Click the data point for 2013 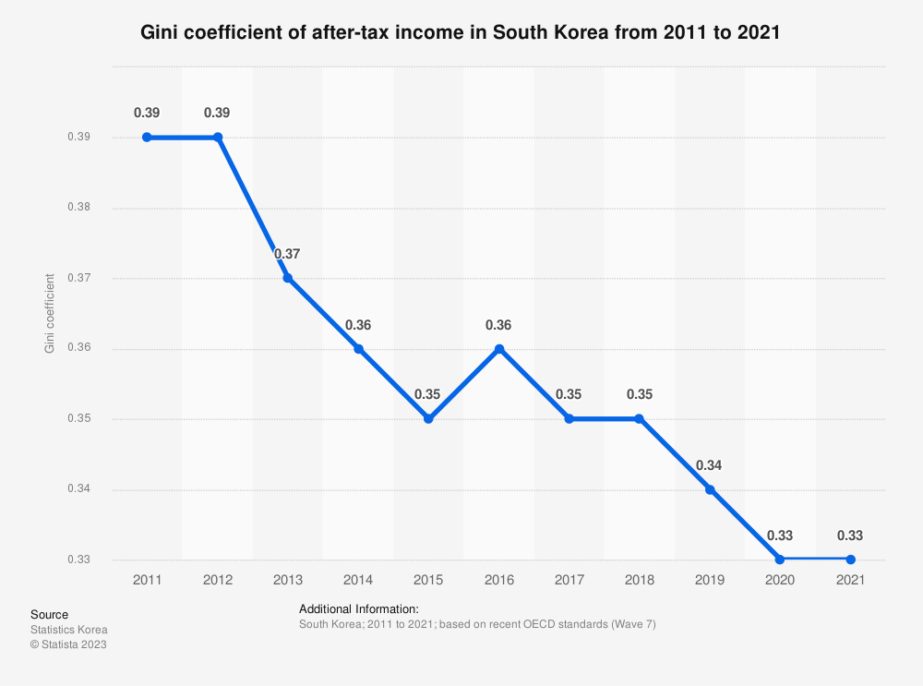288,278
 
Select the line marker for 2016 498,349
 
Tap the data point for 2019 710,489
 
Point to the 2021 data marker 850,560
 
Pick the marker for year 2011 147,138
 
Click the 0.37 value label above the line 287,254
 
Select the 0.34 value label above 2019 709,465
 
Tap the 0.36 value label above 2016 498,325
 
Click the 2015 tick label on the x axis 428,579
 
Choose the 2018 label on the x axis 639,579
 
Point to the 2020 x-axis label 780,579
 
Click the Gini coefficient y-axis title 49,313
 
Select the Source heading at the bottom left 49,615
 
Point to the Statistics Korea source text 68,630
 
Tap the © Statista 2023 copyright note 68,644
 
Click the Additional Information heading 359,609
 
